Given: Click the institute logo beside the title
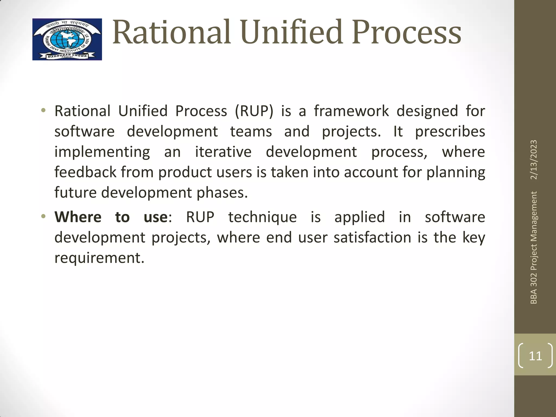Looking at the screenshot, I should [x=67, y=39].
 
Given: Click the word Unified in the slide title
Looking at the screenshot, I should [x=291, y=33].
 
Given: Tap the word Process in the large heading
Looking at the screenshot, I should [x=407, y=33].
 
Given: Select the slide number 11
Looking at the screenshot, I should [x=535, y=356].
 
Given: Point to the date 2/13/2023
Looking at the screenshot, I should [x=534, y=160].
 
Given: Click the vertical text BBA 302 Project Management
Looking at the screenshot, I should [x=534, y=248].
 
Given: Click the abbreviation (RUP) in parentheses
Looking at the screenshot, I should [x=254, y=111].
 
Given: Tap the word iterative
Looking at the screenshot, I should [x=223, y=152].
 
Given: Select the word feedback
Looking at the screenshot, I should [x=85, y=172].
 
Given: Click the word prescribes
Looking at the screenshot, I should [x=450, y=132].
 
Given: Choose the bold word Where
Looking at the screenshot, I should [x=78, y=217].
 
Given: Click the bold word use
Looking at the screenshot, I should [x=156, y=217].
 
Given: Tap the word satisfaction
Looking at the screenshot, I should [x=372, y=238].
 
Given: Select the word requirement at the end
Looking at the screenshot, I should [x=99, y=258].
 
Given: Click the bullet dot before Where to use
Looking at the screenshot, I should [x=43, y=217].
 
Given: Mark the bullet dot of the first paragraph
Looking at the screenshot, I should [x=43, y=110].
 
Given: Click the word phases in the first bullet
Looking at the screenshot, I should [x=222, y=193].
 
